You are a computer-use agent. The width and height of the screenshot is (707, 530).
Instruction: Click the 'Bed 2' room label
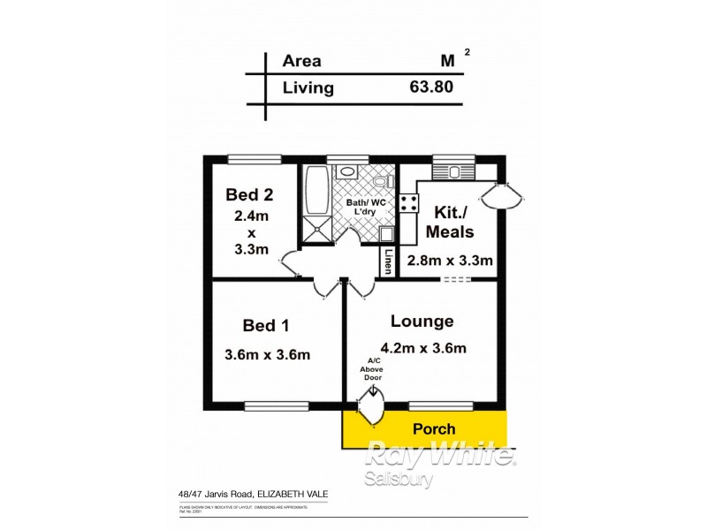click(248, 194)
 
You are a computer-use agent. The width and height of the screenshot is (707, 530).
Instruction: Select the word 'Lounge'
click(422, 322)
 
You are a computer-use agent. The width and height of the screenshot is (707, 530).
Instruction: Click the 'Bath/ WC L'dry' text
click(364, 208)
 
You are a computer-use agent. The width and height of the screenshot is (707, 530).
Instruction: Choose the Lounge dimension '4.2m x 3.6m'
click(422, 347)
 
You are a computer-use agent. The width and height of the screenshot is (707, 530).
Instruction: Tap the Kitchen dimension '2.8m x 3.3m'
click(449, 261)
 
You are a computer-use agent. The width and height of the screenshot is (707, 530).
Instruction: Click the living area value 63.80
click(433, 87)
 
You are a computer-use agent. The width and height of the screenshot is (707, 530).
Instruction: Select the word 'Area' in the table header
click(301, 62)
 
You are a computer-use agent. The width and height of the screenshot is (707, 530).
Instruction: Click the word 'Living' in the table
click(308, 87)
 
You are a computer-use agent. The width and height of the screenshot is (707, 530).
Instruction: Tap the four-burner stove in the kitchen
click(409, 203)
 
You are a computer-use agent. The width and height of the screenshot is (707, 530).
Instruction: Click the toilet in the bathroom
click(381, 181)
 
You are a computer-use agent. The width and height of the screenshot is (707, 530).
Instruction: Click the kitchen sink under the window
click(454, 171)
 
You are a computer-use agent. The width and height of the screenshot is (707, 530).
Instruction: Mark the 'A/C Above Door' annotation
click(374, 370)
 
